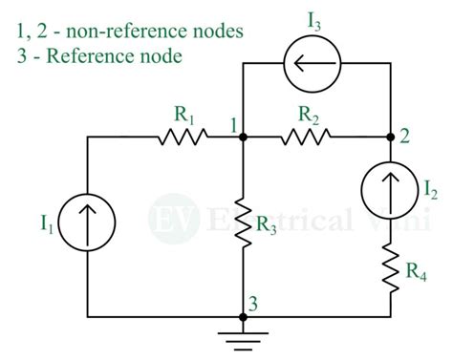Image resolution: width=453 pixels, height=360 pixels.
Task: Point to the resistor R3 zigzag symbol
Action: (243, 222)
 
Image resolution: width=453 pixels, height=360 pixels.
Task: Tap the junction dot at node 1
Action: (243, 138)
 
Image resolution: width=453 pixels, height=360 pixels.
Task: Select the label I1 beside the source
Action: (47, 226)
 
